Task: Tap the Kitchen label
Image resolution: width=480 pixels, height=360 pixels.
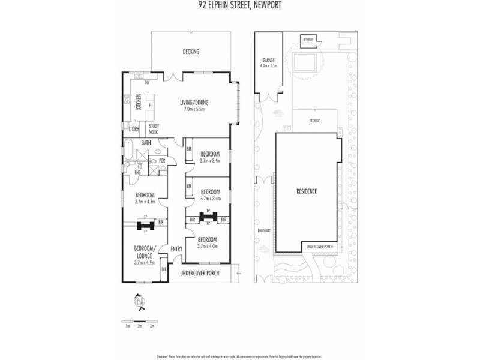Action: [x=138, y=102]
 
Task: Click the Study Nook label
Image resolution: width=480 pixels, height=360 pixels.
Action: [x=154, y=129]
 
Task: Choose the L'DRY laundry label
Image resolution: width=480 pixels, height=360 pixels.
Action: [x=133, y=128]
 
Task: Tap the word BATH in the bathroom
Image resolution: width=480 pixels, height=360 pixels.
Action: [x=146, y=143]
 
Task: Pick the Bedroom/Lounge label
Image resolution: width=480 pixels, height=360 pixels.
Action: [x=145, y=252]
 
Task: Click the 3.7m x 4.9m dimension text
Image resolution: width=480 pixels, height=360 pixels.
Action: [x=145, y=262]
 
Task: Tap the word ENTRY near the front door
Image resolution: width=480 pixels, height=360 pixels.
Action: [x=176, y=250]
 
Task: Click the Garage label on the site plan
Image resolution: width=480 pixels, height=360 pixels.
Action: [x=268, y=61]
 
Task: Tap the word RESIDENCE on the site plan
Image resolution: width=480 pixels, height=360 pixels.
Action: [x=307, y=191]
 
